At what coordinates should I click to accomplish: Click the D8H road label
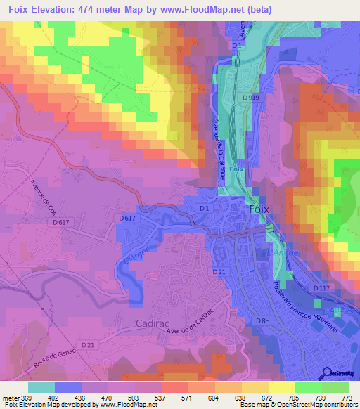[x=263, y=320]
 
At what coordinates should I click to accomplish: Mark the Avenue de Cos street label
[x=43, y=196]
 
